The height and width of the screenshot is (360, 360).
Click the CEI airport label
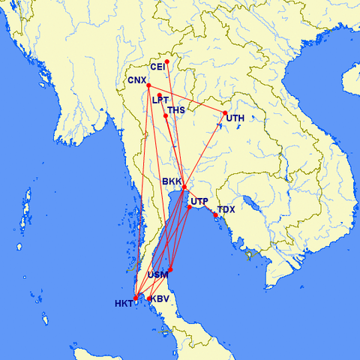click(157, 67)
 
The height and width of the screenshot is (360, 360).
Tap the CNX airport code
click(136, 80)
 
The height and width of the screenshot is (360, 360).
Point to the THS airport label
click(175, 110)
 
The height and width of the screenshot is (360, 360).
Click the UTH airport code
click(235, 118)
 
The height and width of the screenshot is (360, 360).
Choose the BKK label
click(172, 181)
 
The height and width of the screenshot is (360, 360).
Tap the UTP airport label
click(199, 201)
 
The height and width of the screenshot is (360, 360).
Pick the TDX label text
click(226, 209)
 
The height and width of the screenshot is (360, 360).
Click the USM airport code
click(157, 275)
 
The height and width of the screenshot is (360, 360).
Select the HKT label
click(124, 304)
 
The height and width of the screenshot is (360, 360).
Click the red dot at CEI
click(166, 61)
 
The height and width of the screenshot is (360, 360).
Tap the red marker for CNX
click(148, 85)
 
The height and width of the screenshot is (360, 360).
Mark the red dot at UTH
click(225, 113)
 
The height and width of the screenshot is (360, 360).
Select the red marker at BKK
click(184, 187)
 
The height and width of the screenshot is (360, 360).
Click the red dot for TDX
click(215, 215)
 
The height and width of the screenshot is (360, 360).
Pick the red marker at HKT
click(135, 298)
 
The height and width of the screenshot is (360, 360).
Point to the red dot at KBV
click(149, 298)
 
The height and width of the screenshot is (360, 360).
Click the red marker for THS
click(165, 115)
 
